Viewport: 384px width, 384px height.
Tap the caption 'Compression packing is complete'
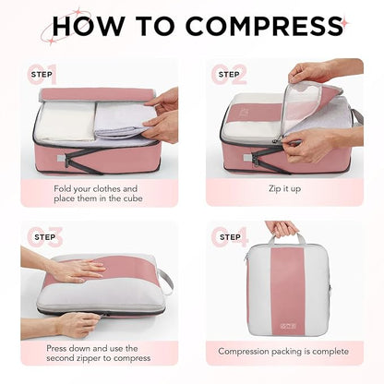282,351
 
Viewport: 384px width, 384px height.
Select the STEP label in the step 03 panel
43,236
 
